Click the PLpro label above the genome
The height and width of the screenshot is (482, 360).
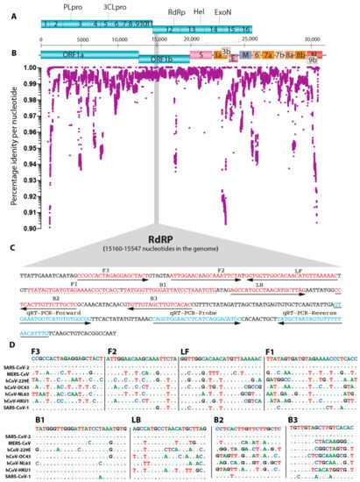pos(75,7)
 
